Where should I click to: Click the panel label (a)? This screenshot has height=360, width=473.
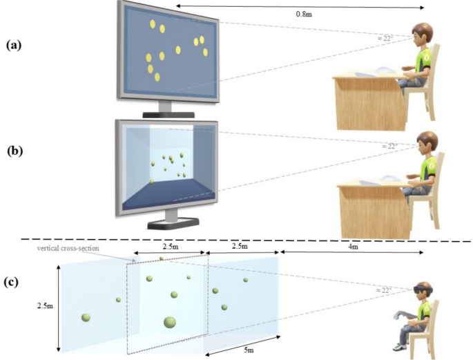click(x=15, y=45)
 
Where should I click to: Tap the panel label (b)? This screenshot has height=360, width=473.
click(x=15, y=149)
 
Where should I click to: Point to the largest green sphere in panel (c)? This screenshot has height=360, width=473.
click(x=169, y=321)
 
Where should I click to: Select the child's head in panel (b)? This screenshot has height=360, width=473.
click(x=423, y=144)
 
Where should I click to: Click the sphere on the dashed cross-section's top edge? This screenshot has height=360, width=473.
click(x=162, y=259)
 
